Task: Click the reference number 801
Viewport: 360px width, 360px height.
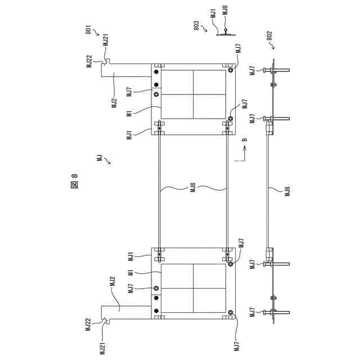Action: (89, 29)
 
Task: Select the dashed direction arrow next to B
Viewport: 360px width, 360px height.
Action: (240, 154)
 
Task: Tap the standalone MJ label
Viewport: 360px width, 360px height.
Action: (99, 158)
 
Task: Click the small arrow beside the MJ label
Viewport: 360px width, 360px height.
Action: (107, 163)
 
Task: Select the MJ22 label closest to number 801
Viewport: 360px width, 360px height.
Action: (89, 61)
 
